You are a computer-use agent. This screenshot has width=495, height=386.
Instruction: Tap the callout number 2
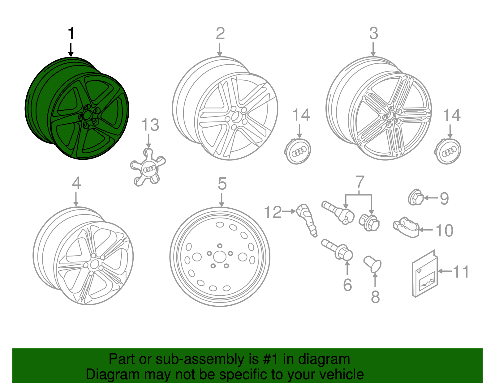click(220, 33)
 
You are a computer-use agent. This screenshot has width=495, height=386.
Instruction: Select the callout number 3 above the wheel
click(373, 33)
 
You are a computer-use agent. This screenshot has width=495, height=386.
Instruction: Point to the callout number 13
click(150, 125)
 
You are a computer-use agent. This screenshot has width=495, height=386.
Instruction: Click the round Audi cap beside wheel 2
click(298, 151)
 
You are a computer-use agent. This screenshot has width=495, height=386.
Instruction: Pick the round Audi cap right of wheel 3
click(448, 151)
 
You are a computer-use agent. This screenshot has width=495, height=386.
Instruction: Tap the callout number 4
click(76, 183)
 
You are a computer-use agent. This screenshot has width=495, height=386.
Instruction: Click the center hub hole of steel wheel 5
click(220, 257)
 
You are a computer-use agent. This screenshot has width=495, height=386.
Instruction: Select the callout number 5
click(222, 184)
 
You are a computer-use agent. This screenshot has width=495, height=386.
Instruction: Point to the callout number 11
click(461, 272)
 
